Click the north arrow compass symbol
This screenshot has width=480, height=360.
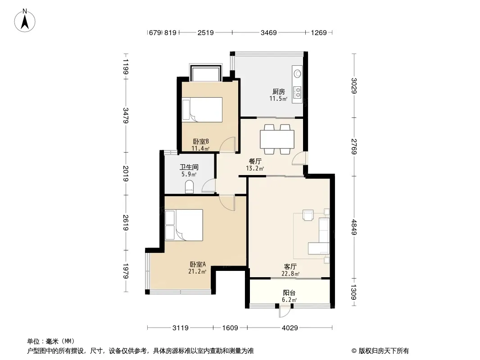pyautogui.click(x=25, y=20)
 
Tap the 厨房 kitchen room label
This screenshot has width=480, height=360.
pyautogui.click(x=279, y=91)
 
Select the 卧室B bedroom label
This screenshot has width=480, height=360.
pyautogui.click(x=201, y=142)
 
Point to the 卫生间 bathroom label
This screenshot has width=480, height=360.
pyautogui.click(x=189, y=167)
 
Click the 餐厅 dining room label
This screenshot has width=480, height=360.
pyautogui.click(x=255, y=161)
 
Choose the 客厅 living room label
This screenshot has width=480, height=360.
pyautogui.click(x=290, y=267)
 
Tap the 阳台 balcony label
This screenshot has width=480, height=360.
pyautogui.click(x=289, y=292)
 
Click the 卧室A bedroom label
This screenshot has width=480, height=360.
pyautogui.click(x=198, y=264)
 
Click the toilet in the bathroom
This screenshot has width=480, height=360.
pyautogui.click(x=190, y=187)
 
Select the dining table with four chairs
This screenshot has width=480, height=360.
pyautogui.click(x=277, y=139)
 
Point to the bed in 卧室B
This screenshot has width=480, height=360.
pyautogui.click(x=202, y=110)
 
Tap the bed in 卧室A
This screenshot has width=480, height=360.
pyautogui.click(x=184, y=225)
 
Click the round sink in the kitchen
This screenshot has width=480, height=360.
pyautogui.click(x=297, y=73)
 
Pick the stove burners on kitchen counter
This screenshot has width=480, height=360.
pyautogui.click(x=297, y=91)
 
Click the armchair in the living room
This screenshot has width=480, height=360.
pyautogui.click(x=308, y=215)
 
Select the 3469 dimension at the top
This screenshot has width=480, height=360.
pyautogui.click(x=269, y=32)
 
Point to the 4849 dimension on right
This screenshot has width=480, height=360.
pyautogui.click(x=354, y=227)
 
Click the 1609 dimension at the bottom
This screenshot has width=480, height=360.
pyautogui.click(x=230, y=328)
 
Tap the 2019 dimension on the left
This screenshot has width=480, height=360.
pyautogui.click(x=126, y=173)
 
